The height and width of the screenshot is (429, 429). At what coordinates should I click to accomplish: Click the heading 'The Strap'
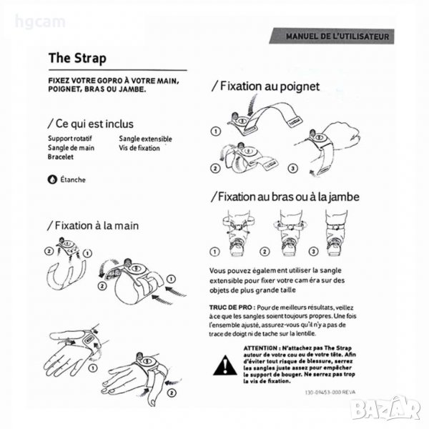point(77,59)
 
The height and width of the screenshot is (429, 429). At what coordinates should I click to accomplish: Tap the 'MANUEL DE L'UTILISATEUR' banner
point(332,36)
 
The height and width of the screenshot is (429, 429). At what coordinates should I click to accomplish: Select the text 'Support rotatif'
point(70,139)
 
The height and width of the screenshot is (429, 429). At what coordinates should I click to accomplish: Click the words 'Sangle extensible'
point(145,139)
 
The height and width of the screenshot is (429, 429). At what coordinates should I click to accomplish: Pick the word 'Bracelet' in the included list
point(61,157)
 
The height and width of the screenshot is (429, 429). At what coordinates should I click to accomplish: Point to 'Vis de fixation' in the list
point(139,148)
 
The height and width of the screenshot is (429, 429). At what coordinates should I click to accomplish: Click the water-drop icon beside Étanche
point(52,179)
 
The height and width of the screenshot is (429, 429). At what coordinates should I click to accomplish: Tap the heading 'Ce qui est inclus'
point(91,124)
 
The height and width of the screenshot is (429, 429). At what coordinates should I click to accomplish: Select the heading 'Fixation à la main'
point(93,226)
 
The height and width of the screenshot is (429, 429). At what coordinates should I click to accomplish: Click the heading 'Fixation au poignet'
point(266,87)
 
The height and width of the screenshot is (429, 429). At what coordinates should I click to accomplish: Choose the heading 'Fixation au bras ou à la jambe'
point(285,197)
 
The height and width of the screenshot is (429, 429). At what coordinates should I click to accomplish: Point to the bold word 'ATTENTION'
point(260,348)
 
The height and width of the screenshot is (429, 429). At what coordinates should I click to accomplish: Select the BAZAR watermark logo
point(385,408)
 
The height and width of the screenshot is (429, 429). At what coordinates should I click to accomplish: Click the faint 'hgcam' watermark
point(40,22)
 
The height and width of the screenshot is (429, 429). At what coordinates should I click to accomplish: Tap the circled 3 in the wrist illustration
point(292,168)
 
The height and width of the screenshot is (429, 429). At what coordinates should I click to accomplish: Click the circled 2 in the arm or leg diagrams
point(265,252)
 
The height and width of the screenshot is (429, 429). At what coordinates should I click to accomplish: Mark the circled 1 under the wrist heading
point(216,132)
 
